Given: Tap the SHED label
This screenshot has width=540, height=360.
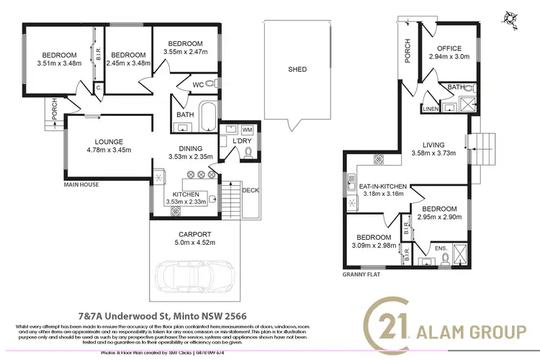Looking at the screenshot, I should (x=297, y=70).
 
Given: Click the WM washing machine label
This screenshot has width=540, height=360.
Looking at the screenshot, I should (x=247, y=129).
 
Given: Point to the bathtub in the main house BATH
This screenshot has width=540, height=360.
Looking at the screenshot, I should (x=206, y=116).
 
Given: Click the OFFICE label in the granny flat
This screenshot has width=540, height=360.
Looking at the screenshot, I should (x=449, y=48).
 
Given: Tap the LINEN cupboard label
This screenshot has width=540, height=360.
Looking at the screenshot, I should (x=430, y=109).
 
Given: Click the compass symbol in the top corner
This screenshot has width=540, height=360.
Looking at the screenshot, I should (x=513, y=17).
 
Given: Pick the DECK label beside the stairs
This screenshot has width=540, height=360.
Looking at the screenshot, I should (x=251, y=191).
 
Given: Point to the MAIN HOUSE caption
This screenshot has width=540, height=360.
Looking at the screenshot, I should (x=81, y=184).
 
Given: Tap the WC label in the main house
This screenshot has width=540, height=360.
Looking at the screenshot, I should (x=197, y=85).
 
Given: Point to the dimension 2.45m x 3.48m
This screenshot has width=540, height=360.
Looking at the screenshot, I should (x=128, y=63).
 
